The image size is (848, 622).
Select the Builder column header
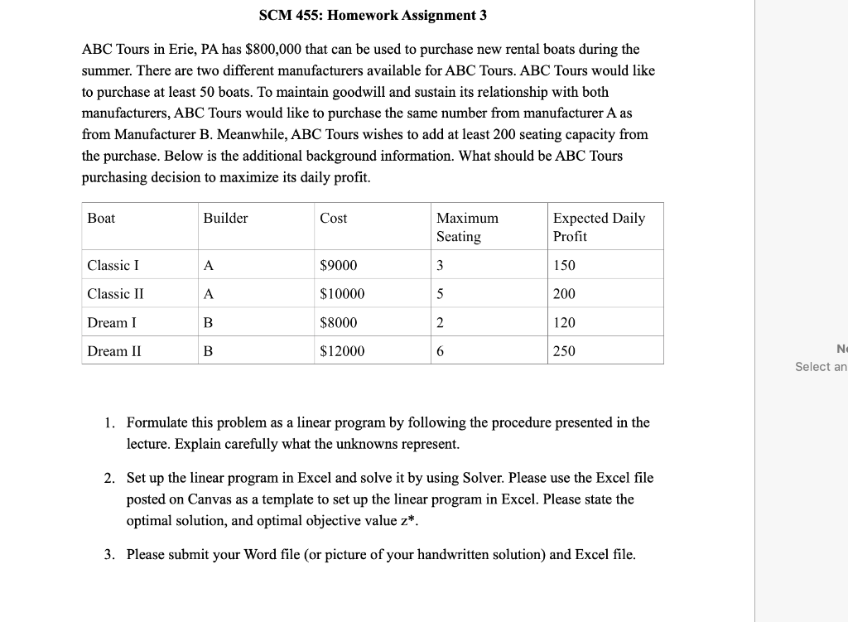225,218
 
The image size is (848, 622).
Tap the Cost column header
334,218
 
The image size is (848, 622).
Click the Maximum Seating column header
467,227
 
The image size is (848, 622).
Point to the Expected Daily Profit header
598,227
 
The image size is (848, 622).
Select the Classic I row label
113,265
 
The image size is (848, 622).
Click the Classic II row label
116,294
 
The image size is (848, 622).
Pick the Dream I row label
112,322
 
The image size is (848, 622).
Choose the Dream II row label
114,351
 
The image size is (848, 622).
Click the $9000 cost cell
339,265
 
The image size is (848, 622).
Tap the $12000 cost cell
342,351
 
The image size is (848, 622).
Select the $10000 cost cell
342,294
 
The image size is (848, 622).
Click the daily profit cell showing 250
564,351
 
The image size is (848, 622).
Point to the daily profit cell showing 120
564,322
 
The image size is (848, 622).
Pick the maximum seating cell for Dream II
441,351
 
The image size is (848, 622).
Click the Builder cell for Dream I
208,322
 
